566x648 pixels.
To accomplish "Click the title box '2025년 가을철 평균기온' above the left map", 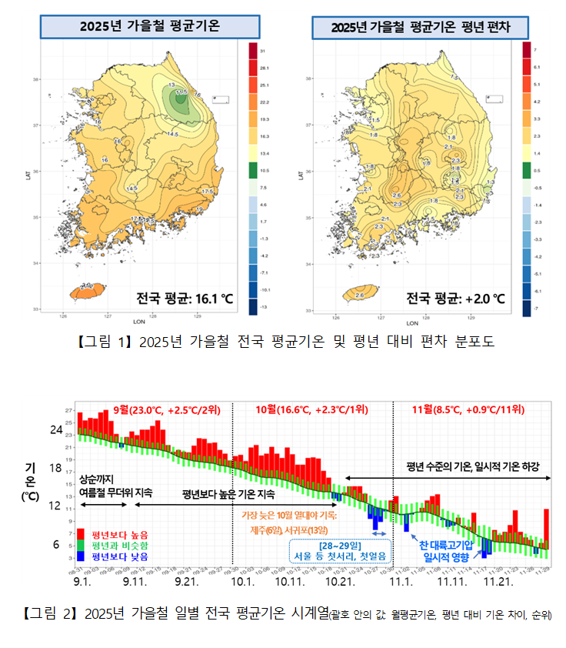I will point(149,26).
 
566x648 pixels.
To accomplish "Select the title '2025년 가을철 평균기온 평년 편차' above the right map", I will point(421,27).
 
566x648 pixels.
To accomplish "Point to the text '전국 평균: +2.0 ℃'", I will point(455,298).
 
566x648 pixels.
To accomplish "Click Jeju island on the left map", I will point(85,292).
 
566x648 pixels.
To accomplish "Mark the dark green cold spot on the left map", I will point(181,99).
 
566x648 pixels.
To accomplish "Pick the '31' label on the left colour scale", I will point(263,50).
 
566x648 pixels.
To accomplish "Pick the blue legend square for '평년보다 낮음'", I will point(81,555).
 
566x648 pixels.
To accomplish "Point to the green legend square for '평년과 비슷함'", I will point(81,544).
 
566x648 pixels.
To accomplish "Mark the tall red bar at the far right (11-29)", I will point(546,528).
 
